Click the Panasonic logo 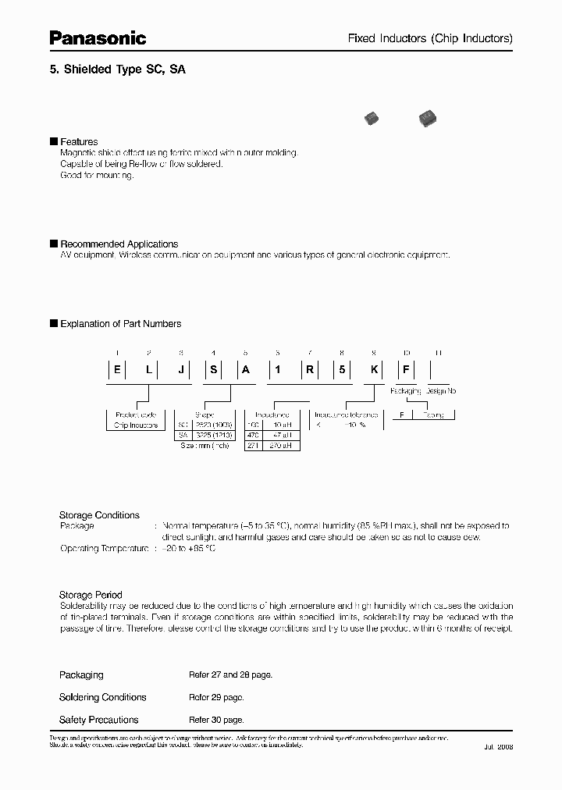(98, 37)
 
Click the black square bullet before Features (53, 141)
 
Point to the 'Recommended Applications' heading (119, 244)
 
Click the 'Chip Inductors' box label (136, 425)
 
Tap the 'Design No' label (440, 390)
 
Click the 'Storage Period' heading (91, 595)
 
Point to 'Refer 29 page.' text (216, 697)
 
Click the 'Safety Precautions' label (98, 720)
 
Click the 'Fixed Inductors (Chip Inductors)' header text (429, 38)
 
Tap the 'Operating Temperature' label (104, 549)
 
